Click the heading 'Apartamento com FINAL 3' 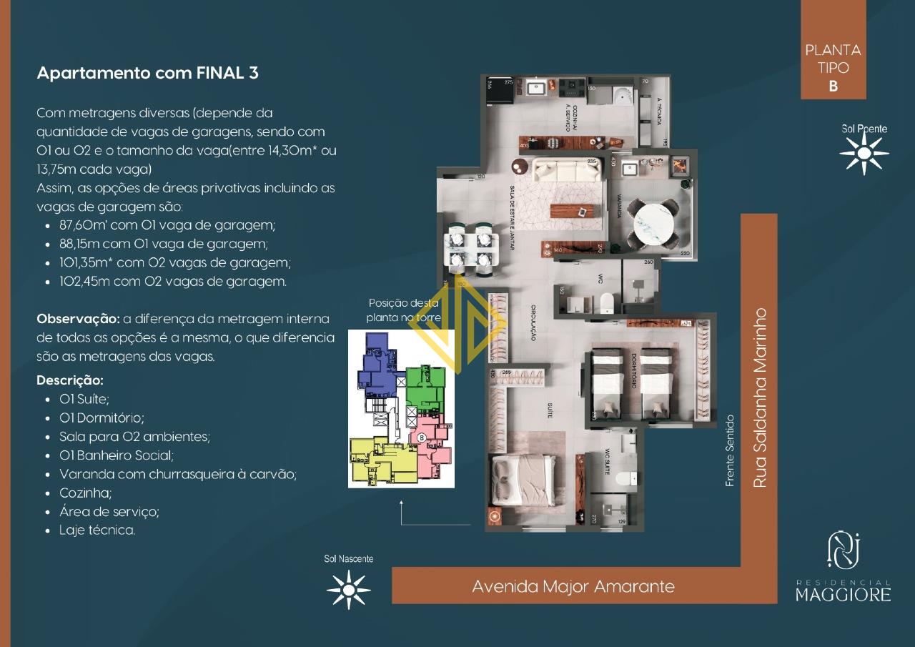(x=147, y=73)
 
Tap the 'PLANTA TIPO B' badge (x=833, y=69)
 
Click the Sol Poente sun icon (x=864, y=153)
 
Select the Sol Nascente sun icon (x=348, y=589)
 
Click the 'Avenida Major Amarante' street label (x=573, y=586)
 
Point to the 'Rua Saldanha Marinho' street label (x=760, y=398)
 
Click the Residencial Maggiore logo (x=844, y=568)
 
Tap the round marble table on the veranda (x=651, y=224)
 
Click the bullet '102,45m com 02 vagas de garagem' (x=173, y=281)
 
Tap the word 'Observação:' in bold (x=78, y=318)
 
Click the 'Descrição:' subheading (x=70, y=380)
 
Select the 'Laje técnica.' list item (x=97, y=530)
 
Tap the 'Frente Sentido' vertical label (x=730, y=451)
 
